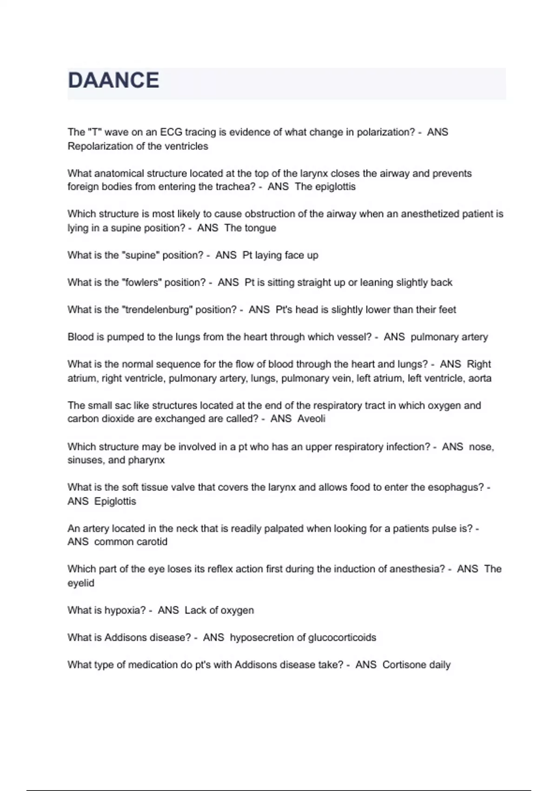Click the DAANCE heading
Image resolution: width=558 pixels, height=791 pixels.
tap(113, 80)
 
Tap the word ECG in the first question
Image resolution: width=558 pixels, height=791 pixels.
tap(171, 132)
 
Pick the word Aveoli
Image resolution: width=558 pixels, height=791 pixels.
tap(311, 419)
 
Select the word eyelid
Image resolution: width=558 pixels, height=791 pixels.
tap(81, 583)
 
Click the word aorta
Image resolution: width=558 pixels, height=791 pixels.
tap(479, 378)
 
